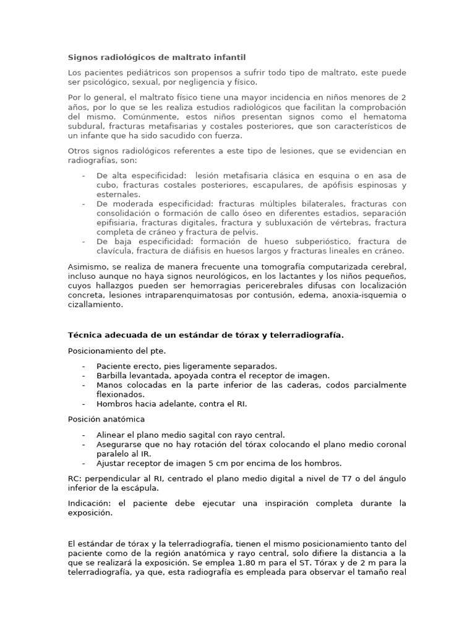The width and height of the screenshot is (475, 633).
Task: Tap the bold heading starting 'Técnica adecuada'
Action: click(x=205, y=335)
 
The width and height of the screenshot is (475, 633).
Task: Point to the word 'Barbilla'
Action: click(x=112, y=375)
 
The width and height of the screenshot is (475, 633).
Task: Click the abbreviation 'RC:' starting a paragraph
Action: click(x=75, y=479)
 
